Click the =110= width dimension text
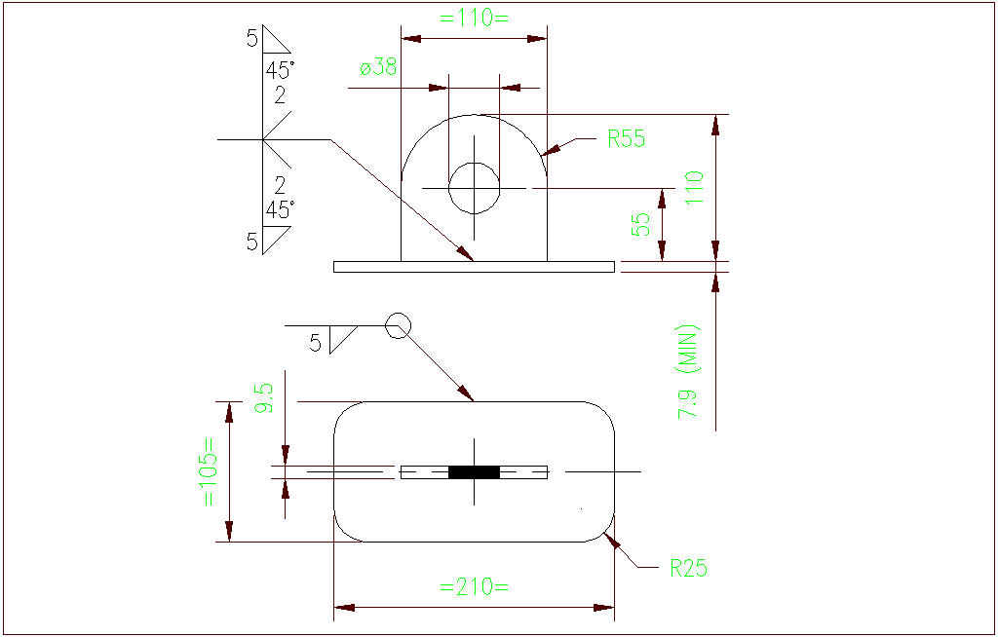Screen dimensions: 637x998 (x=474, y=17)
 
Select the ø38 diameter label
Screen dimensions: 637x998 (x=378, y=68)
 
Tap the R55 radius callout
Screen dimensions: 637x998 (x=627, y=139)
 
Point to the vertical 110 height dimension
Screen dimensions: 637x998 (x=693, y=189)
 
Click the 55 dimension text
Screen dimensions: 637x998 (x=640, y=225)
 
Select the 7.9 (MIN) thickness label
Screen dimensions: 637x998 (x=689, y=371)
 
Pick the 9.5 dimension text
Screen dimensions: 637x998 (x=263, y=399)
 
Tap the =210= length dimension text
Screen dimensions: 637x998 (x=474, y=587)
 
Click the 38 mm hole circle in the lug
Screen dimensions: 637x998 (x=474, y=187)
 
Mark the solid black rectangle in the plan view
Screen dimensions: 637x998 (x=474, y=472)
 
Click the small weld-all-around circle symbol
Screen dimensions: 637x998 (x=397, y=324)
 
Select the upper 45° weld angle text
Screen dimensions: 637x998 (x=280, y=71)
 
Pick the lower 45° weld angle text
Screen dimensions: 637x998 (x=280, y=209)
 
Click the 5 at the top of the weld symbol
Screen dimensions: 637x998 (x=252, y=38)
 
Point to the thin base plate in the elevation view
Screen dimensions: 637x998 (x=474, y=267)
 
